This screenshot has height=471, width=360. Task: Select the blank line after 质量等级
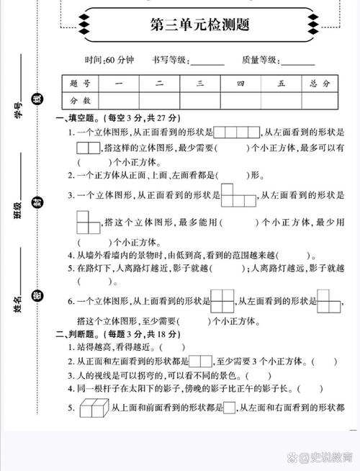point(297,62)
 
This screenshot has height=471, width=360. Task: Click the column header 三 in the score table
point(200,84)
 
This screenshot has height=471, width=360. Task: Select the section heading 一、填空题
point(78,117)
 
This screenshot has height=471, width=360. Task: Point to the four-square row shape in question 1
point(237,132)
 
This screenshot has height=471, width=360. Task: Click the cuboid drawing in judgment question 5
point(92,408)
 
